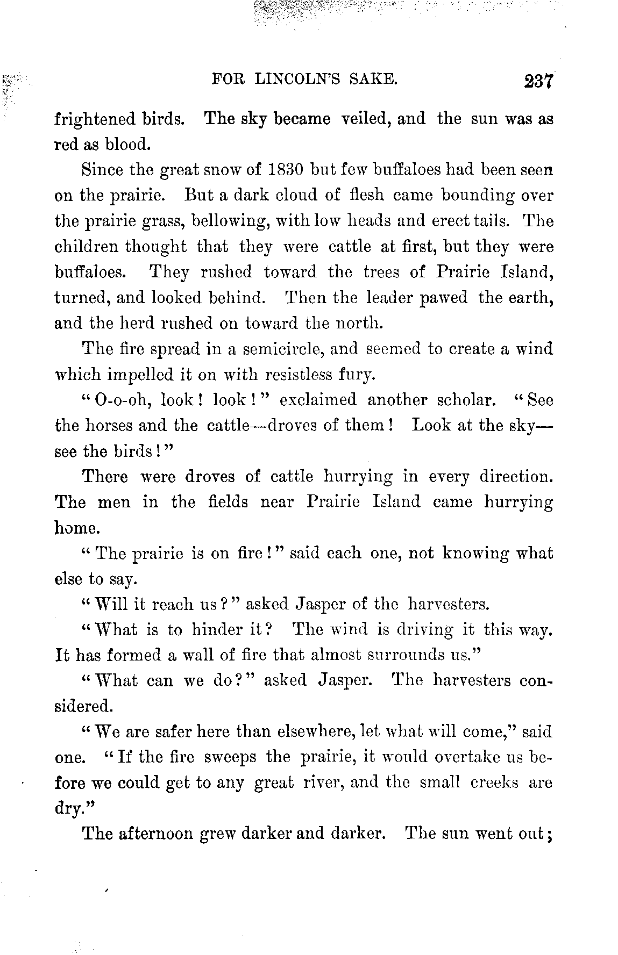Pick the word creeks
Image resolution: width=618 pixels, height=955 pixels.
coord(494,782)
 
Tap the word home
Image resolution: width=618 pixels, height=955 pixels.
coord(76,528)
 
